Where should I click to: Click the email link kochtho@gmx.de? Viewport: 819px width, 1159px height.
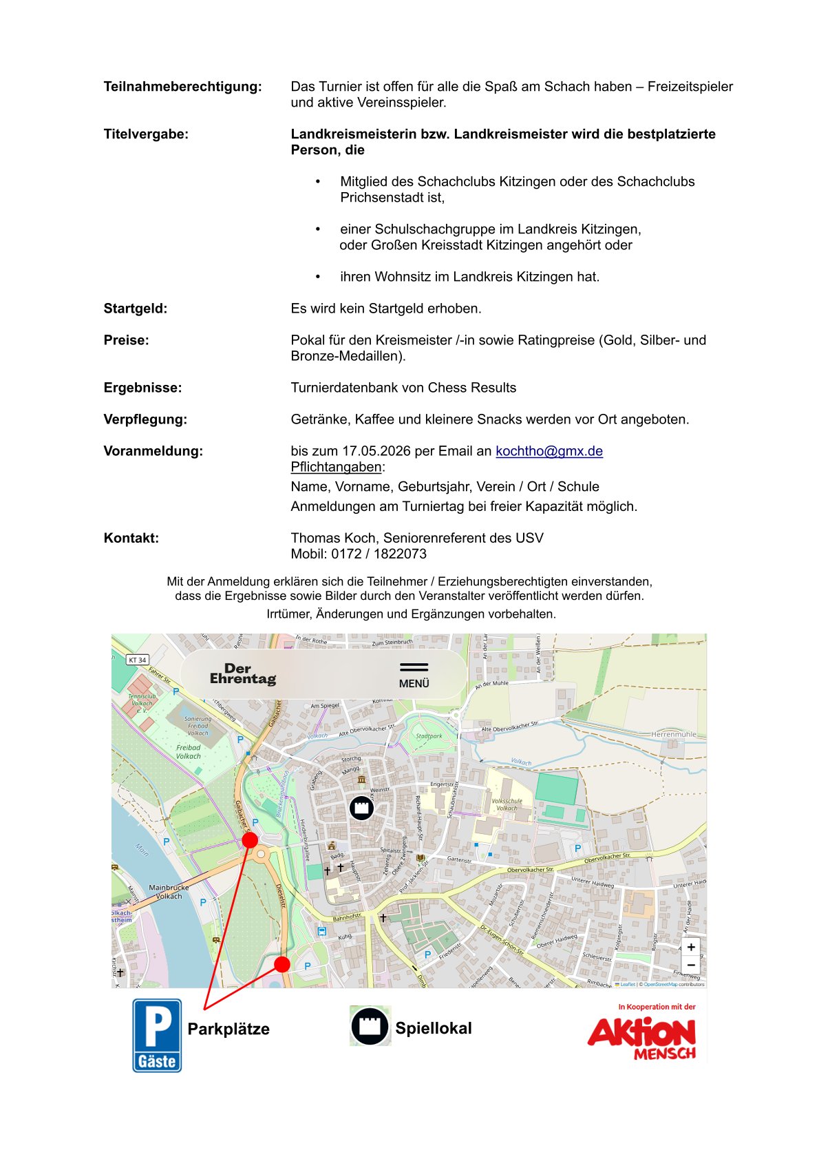(x=549, y=451)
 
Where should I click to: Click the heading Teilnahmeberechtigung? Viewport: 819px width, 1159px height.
(x=182, y=87)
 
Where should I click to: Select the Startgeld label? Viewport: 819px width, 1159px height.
(x=136, y=309)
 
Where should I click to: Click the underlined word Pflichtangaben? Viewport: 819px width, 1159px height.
(x=336, y=467)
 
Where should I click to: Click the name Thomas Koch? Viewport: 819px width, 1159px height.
(x=333, y=538)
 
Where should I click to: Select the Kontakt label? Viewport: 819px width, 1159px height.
(x=131, y=538)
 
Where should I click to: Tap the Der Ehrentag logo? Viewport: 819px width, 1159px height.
(x=242, y=674)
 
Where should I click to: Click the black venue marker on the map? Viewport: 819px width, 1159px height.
(x=361, y=807)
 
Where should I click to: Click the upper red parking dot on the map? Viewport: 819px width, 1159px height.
(x=250, y=840)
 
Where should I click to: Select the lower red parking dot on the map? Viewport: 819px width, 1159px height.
(x=281, y=964)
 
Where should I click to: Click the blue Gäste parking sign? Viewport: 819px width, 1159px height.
(x=157, y=1035)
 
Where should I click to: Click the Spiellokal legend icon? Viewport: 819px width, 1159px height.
(x=370, y=1026)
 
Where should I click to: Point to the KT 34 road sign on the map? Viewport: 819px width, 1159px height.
(x=138, y=660)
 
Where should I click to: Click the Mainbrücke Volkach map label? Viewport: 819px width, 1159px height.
(x=169, y=892)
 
